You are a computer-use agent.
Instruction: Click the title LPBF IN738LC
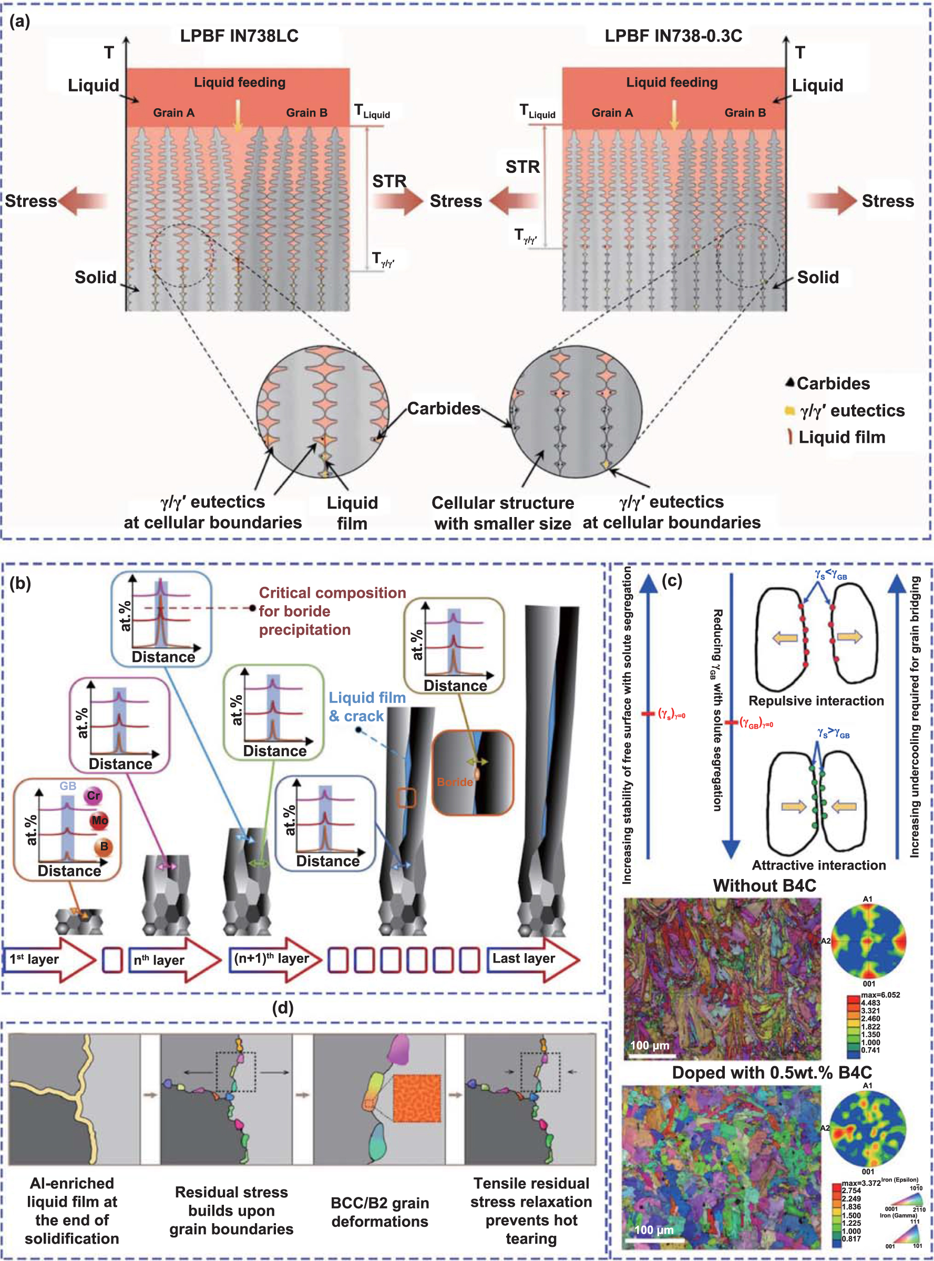[239, 36]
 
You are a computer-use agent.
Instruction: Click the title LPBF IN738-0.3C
[673, 36]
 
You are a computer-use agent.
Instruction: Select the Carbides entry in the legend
[833, 384]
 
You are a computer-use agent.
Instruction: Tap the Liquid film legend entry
[841, 437]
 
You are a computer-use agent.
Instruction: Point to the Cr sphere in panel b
[93, 796]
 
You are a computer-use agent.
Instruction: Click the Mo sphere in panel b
[99, 820]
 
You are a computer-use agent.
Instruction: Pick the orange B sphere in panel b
[104, 846]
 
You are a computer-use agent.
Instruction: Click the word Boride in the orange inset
[455, 782]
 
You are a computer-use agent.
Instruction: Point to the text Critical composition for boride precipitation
[332, 611]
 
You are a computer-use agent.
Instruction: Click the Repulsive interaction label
[816, 701]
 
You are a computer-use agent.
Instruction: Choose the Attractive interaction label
[818, 865]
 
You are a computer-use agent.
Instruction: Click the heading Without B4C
[764, 886]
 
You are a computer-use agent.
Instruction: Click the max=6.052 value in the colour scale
[880, 995]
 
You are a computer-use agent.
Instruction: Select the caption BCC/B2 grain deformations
[379, 1212]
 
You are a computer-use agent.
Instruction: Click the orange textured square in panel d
[416, 1098]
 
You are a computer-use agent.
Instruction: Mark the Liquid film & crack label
[367, 707]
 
